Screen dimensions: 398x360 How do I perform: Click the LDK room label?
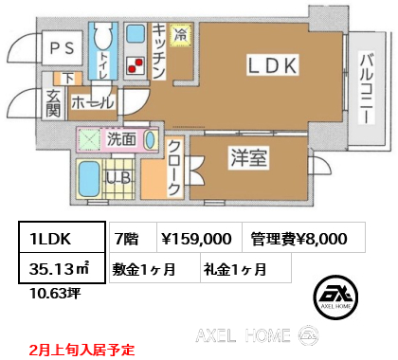coord(272,65)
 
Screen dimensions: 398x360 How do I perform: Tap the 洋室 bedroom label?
coord(248,158)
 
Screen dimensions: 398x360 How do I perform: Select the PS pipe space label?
coord(63,48)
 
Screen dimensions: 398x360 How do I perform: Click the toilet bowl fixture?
coord(103,36)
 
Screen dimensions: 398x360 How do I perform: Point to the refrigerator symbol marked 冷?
coord(181,35)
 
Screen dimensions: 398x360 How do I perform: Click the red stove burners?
coord(136,65)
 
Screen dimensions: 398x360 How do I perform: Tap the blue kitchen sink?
coord(136,34)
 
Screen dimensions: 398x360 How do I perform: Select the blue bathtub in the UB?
coord(89,179)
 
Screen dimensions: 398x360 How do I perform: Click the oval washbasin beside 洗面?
coord(151,139)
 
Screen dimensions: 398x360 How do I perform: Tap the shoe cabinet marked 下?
coord(68,79)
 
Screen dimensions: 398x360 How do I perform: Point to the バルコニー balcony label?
coord(367,88)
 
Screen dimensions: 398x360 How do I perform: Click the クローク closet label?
coord(174,168)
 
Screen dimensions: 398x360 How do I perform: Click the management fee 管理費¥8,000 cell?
coord(303,237)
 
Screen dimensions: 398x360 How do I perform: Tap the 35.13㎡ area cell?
coord(62,267)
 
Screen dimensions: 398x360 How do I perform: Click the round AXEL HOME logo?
coord(335,297)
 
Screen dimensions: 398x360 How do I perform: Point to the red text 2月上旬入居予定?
coord(81,350)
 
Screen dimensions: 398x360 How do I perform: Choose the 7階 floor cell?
coord(133,237)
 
